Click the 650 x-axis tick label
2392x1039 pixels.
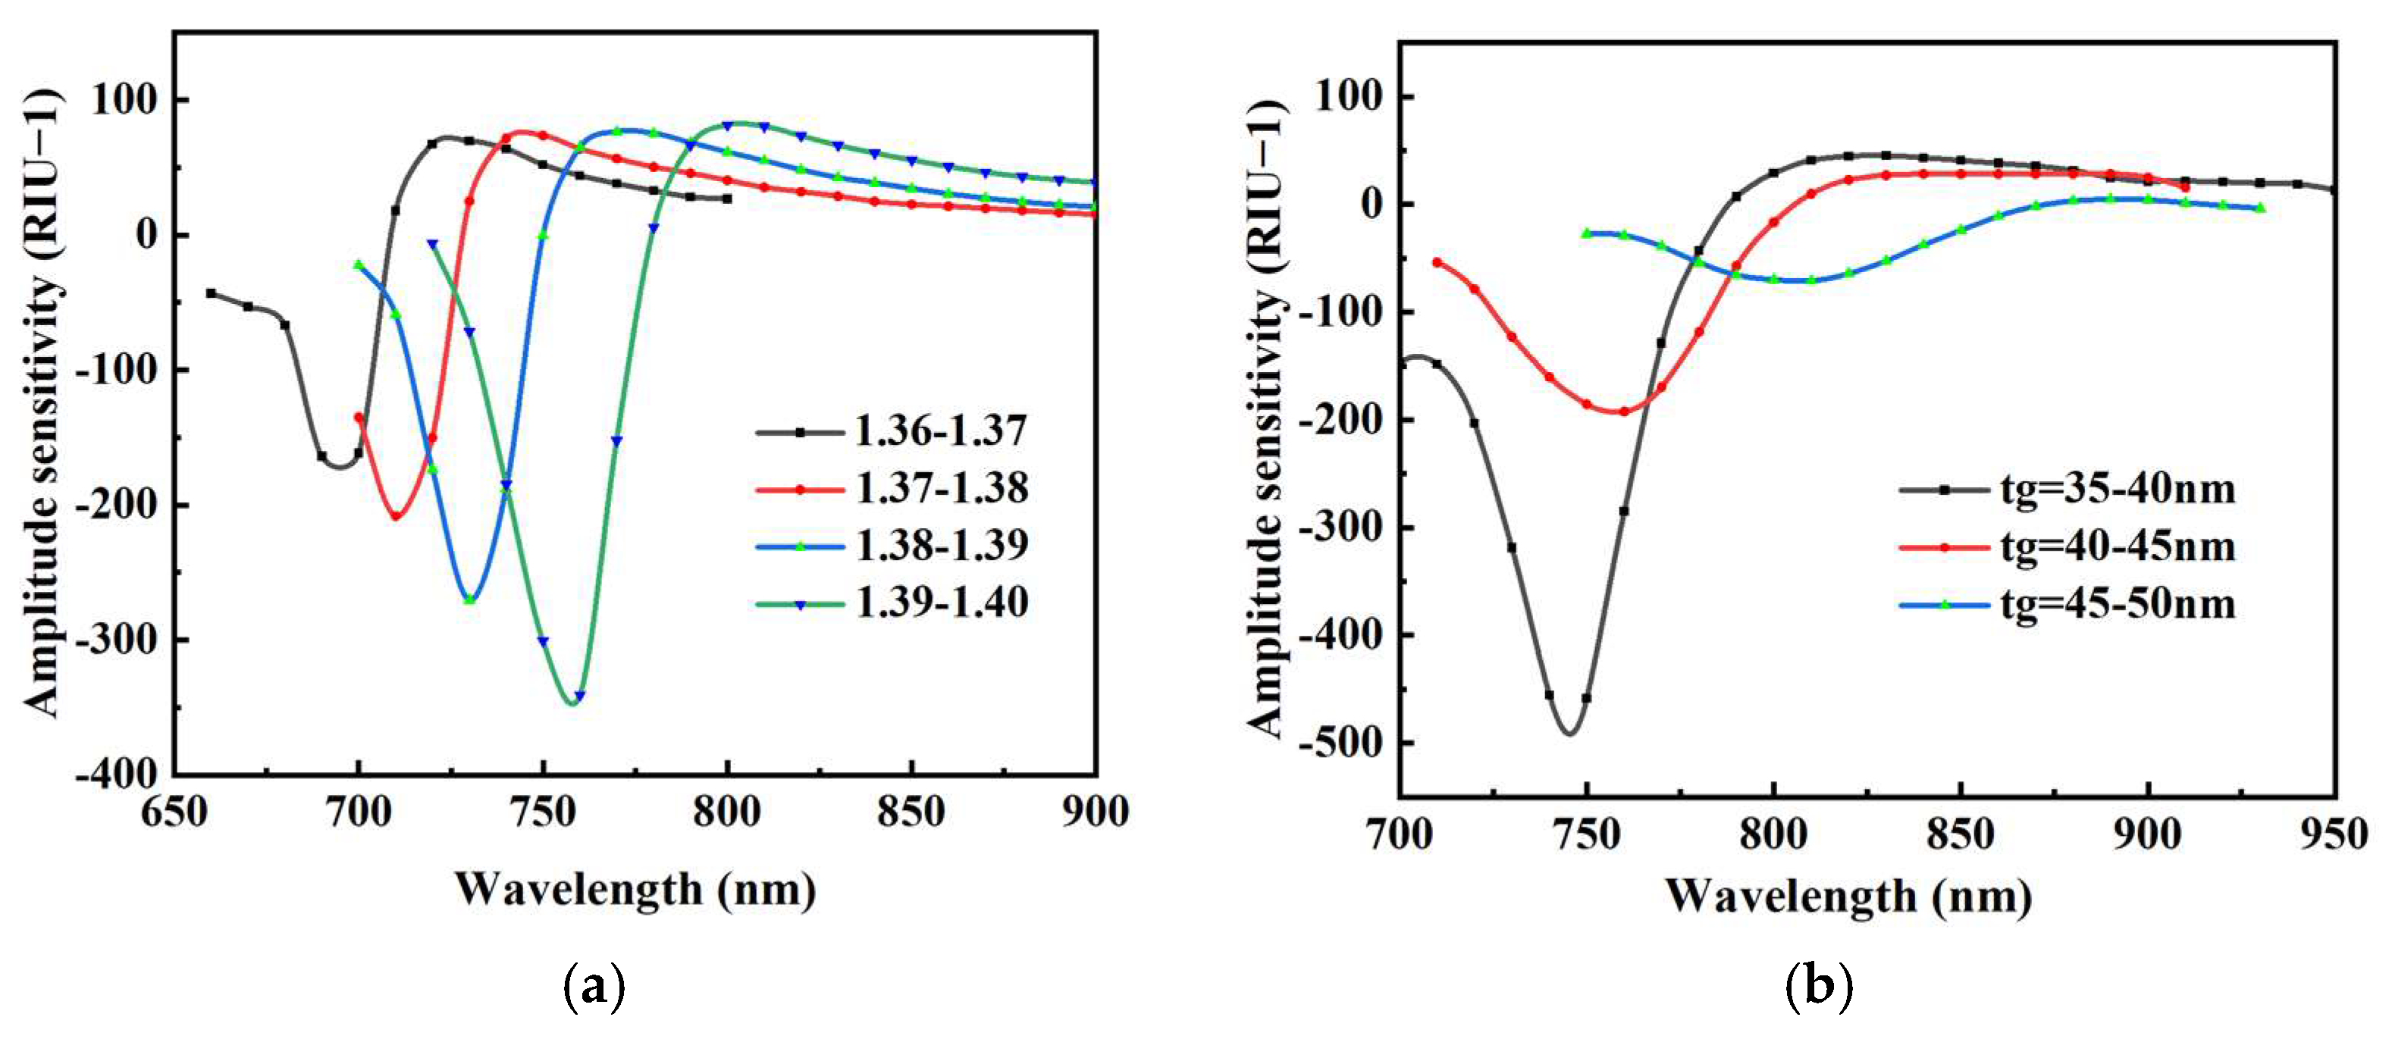174,812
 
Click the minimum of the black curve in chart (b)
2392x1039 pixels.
1569,734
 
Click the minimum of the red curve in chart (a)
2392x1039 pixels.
396,516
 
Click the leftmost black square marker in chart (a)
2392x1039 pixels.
211,293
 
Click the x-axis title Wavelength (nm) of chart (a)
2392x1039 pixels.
635,890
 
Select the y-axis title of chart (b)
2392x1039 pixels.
1265,418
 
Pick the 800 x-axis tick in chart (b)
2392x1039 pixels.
1773,834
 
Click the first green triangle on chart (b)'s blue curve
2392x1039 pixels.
1587,233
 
